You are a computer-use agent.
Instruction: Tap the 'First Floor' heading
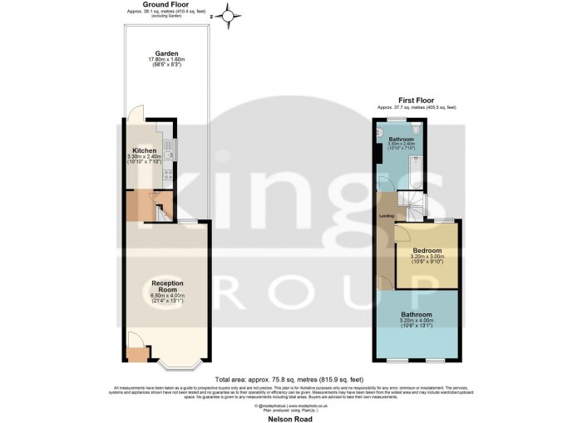pos(417,101)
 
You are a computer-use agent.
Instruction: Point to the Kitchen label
pos(144,151)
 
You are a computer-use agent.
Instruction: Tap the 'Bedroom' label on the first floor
pos(427,249)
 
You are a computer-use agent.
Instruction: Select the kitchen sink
pos(169,150)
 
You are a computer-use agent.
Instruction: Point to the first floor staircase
pos(409,200)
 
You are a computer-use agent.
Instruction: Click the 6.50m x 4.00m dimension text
pos(167,295)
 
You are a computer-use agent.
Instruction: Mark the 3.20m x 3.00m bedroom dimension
pos(427,256)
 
